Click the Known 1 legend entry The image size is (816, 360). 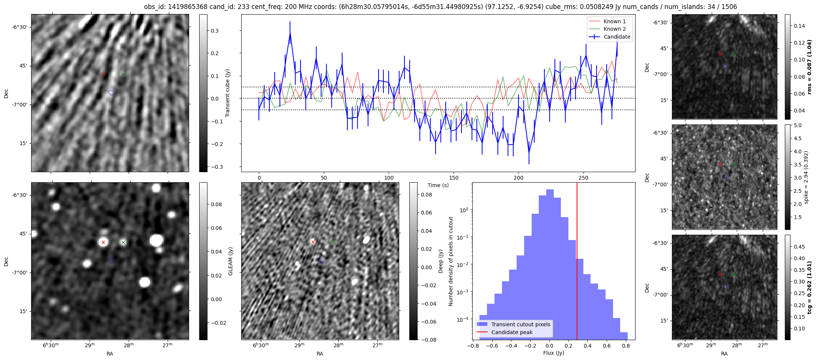[x=614, y=21]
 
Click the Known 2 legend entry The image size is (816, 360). [x=614, y=29]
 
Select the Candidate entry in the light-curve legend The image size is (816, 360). [x=617, y=37]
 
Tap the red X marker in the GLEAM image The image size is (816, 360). [x=103, y=243]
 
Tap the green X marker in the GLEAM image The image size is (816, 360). [x=123, y=243]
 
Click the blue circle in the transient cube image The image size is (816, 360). [x=111, y=93]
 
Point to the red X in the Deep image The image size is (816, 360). [x=313, y=242]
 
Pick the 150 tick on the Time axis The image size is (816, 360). [x=454, y=178]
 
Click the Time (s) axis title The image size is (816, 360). [x=438, y=185]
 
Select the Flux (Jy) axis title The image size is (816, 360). [x=553, y=353]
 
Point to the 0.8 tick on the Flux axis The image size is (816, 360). [x=626, y=346]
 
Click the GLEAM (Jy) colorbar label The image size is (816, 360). [x=231, y=261]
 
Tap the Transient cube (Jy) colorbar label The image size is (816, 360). [x=227, y=93]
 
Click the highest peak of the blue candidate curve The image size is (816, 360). [x=290, y=33]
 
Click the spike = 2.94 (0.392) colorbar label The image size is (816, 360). [x=806, y=177]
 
